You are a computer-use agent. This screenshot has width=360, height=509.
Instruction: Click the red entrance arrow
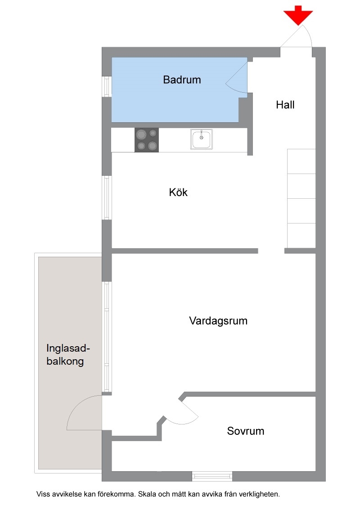pyautogui.click(x=298, y=15)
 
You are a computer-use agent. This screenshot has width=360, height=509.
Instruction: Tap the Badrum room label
pyautogui.click(x=182, y=80)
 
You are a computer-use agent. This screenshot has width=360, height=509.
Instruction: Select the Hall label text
pyautogui.click(x=285, y=105)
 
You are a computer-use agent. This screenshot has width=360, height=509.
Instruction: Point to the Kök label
pyautogui.click(x=178, y=192)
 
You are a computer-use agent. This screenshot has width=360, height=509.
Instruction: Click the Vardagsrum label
pyautogui.click(x=218, y=321)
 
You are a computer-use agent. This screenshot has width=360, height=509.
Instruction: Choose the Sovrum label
pyautogui.click(x=246, y=431)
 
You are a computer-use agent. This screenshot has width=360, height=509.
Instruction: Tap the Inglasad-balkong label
pyautogui.click(x=68, y=354)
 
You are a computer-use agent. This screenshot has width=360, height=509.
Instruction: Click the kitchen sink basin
pyautogui.click(x=202, y=139)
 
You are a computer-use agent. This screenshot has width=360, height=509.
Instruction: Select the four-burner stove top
pyautogui.click(x=147, y=140)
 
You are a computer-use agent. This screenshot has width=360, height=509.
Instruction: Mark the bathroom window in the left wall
pyautogui.click(x=107, y=86)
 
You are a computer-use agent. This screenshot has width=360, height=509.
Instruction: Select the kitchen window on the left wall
pyautogui.click(x=107, y=198)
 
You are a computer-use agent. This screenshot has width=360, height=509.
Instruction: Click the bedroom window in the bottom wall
pyautogui.click(x=212, y=476)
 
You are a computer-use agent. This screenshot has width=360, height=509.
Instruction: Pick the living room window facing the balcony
pyautogui.click(x=107, y=337)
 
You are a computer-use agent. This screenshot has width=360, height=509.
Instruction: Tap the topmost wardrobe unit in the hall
pyautogui.click(x=301, y=161)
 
